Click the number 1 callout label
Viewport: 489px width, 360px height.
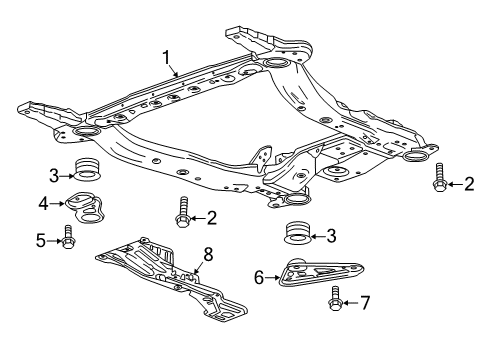168,57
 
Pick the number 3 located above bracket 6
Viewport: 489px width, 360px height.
332,236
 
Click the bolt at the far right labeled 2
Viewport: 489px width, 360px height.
440,182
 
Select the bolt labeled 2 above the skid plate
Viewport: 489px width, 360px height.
182,216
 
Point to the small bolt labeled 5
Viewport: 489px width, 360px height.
67,239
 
